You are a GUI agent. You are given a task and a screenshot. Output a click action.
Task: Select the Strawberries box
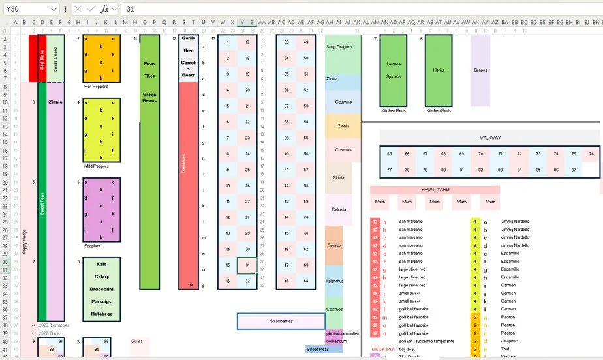point(281,321)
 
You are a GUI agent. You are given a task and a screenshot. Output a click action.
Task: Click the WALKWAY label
point(489,138)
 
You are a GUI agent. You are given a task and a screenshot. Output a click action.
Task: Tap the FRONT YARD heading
point(435,190)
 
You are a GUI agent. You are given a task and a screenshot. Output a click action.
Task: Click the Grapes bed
point(480,70)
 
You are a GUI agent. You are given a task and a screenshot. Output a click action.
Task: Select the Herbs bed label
point(439,70)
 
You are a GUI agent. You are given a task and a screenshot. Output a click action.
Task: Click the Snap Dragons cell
point(339,47)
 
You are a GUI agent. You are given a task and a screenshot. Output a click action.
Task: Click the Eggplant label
point(93,246)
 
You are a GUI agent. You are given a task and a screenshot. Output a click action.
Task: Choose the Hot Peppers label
point(96,86)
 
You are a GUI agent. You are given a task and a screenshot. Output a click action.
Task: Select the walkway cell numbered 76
point(591,154)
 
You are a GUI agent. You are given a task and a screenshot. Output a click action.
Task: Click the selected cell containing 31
point(247,265)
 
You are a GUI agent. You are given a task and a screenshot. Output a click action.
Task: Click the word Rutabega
point(101,314)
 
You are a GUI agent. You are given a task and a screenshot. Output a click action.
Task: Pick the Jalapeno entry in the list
point(510,341)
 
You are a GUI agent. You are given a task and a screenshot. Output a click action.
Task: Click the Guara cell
point(137,341)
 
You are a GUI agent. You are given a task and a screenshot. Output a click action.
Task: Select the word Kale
point(101,265)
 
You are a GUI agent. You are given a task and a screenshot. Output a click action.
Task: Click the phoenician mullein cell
point(343,333)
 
